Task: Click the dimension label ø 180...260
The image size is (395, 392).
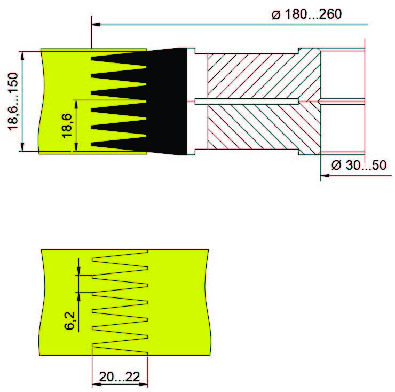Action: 306,14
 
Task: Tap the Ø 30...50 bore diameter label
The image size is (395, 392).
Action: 359,166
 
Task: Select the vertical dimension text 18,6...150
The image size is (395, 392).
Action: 13,101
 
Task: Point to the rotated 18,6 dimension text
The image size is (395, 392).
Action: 67,126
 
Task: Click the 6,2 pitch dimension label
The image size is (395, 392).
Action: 69,320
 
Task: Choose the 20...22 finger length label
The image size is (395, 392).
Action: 120,377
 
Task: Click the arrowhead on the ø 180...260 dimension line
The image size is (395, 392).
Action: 96,25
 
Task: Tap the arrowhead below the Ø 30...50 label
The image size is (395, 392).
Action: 325,176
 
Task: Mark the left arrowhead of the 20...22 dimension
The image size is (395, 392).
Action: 97,385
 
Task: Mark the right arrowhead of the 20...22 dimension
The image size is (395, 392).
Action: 143,385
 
